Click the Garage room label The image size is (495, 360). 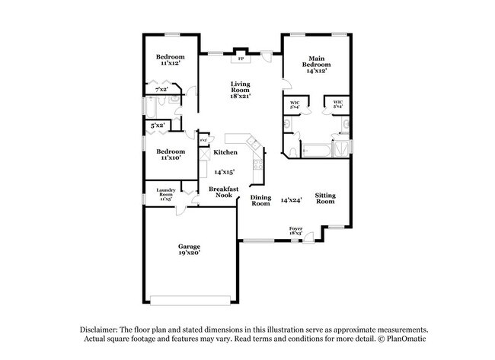(189, 247)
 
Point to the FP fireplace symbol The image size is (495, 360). (241, 58)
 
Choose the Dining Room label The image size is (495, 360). (260, 201)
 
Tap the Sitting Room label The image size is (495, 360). (325, 199)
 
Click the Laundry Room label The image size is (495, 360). (167, 191)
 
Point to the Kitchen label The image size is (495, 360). (224, 152)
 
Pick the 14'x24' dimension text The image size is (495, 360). (292, 200)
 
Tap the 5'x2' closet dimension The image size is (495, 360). (158, 125)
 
